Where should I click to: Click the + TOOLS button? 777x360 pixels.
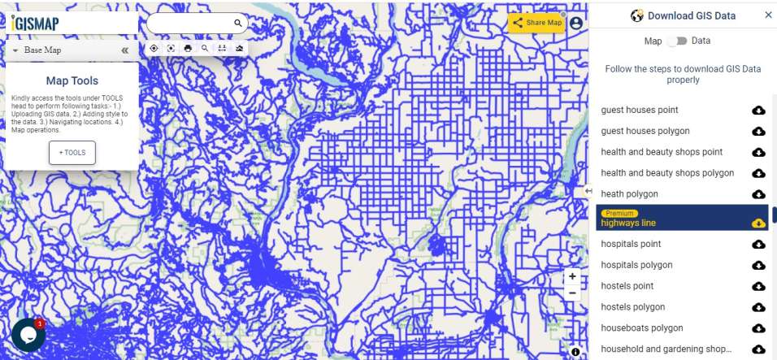click(x=72, y=153)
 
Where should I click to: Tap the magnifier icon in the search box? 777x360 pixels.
click(x=238, y=24)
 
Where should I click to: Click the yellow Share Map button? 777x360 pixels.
click(x=537, y=23)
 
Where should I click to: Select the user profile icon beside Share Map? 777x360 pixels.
click(x=576, y=23)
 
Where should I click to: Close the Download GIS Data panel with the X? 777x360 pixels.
click(x=768, y=15)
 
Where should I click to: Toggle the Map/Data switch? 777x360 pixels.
click(x=677, y=41)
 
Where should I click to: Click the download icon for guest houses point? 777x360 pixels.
click(x=758, y=110)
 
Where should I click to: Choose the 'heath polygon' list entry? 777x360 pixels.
click(x=630, y=194)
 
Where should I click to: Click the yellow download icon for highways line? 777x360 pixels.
click(x=758, y=223)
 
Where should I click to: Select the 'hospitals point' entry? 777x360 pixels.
click(x=631, y=244)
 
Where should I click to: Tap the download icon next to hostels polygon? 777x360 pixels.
click(x=758, y=307)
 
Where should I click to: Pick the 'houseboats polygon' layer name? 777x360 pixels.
click(x=642, y=328)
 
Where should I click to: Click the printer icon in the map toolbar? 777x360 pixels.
click(x=188, y=48)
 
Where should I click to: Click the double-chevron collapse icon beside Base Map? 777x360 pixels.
click(x=125, y=50)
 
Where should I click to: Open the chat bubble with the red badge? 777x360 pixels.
click(x=28, y=334)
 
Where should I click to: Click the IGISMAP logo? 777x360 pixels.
click(x=36, y=23)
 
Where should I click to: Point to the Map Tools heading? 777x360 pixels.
click(x=72, y=81)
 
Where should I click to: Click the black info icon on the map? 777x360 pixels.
click(x=575, y=352)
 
